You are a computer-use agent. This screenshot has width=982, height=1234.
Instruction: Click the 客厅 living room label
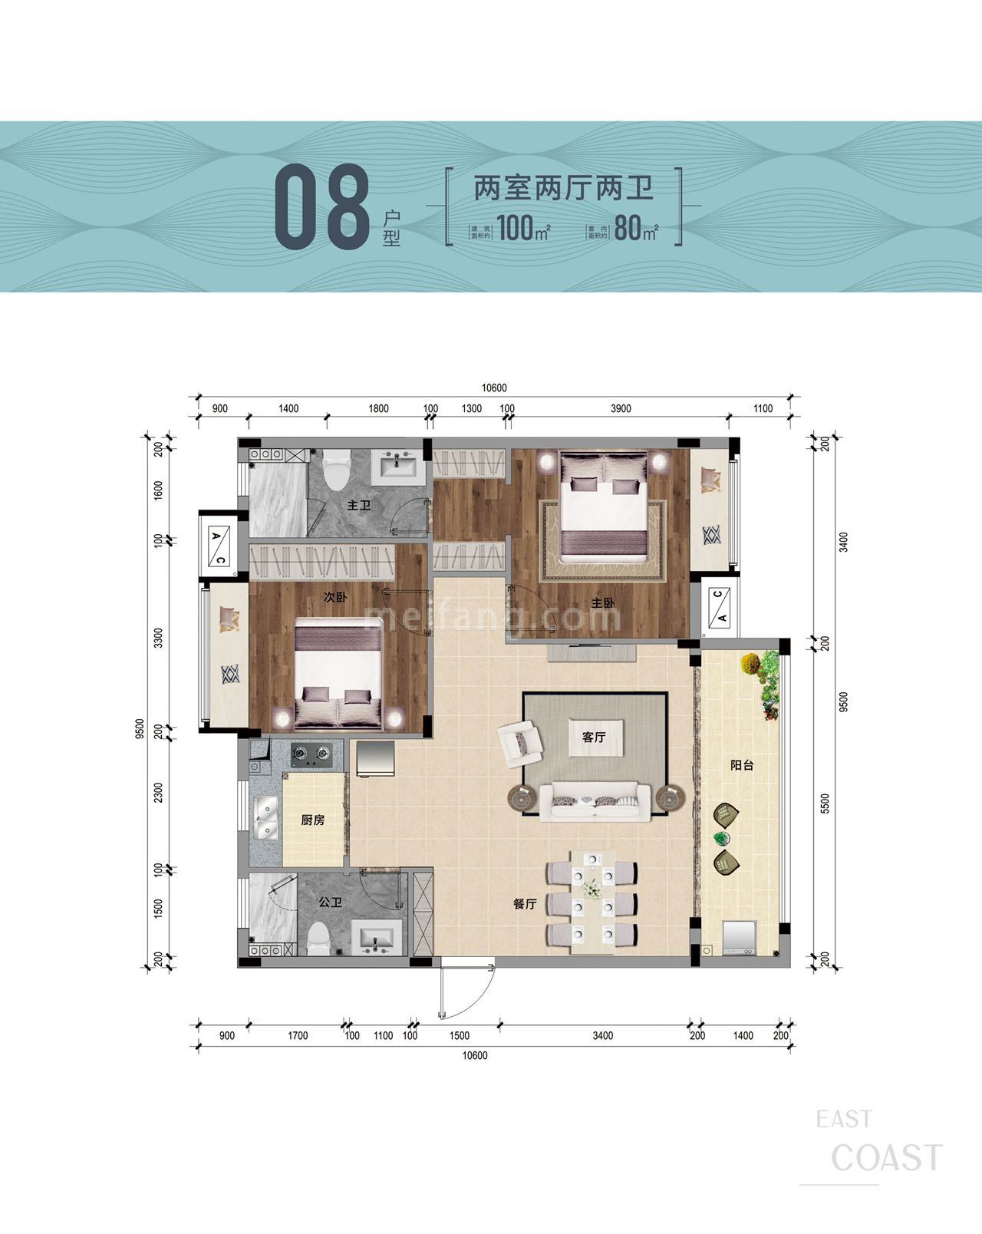594,737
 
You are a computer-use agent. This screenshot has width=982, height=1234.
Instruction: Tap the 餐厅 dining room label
525,905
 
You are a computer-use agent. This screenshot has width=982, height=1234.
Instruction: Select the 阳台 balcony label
741,765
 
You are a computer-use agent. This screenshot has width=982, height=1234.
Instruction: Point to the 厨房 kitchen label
312,820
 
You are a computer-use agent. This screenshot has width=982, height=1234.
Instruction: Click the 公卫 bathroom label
330,903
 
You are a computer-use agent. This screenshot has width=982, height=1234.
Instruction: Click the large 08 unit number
322,207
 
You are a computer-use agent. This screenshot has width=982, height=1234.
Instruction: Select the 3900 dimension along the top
620,409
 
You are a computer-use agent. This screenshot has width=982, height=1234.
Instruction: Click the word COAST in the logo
887,1158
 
